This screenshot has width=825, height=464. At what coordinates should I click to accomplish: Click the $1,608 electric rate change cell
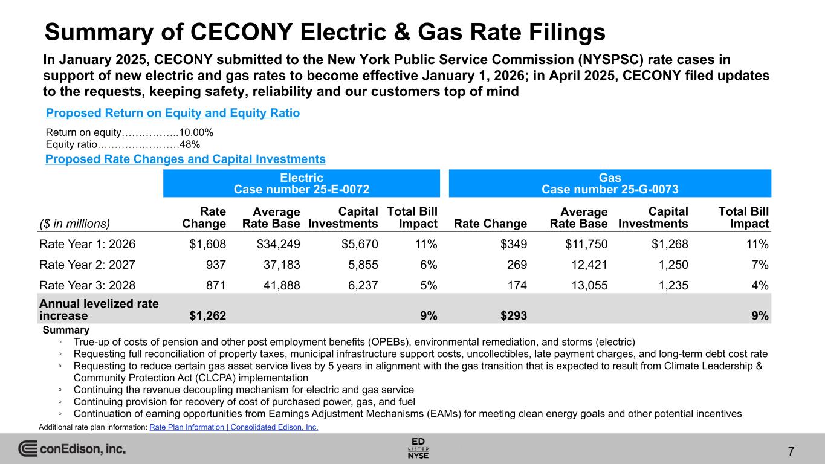(x=207, y=245)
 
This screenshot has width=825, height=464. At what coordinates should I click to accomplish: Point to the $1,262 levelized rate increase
(x=207, y=315)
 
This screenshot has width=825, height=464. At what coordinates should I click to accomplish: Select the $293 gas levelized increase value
(x=511, y=315)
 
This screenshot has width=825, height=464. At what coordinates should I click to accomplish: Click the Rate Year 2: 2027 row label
(x=88, y=265)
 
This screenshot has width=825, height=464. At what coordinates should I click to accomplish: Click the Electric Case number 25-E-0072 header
(x=302, y=183)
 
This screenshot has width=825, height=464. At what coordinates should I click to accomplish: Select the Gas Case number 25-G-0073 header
(x=610, y=183)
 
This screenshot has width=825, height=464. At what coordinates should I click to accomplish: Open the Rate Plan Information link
(x=233, y=427)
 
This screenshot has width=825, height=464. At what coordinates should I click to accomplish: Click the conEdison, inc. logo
(x=72, y=449)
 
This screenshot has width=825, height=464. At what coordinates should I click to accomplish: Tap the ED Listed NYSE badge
(x=418, y=448)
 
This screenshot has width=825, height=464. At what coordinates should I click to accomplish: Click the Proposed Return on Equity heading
(x=173, y=113)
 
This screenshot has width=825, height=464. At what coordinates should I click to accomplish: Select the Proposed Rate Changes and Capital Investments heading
(x=186, y=159)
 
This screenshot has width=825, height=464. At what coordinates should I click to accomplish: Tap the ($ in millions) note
(x=75, y=224)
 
